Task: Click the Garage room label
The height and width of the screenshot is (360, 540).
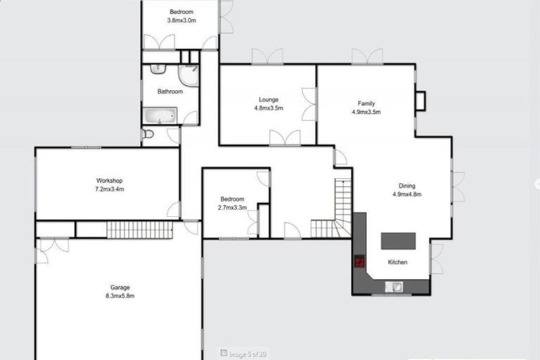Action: pos(120,287)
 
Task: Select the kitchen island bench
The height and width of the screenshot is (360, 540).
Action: pos(398,241)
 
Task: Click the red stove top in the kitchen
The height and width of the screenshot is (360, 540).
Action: pos(359,262)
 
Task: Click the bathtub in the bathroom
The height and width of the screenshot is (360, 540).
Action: pos(160,116)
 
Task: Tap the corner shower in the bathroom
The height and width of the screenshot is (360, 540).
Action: pos(188,75)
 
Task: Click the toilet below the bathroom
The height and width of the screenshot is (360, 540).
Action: pos(148,134)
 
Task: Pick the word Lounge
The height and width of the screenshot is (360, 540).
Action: pos(268,100)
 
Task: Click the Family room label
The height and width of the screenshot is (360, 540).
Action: pos(366,103)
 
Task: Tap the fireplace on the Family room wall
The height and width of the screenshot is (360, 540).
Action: pos(420,101)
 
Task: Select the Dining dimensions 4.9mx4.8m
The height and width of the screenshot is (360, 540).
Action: pos(406,195)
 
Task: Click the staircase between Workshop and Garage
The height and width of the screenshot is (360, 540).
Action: pos(139,229)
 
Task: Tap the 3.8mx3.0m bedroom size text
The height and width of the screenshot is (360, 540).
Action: pos(181,20)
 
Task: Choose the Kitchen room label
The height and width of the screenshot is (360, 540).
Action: pos(398,262)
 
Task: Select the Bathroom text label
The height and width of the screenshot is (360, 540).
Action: pos(169,91)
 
